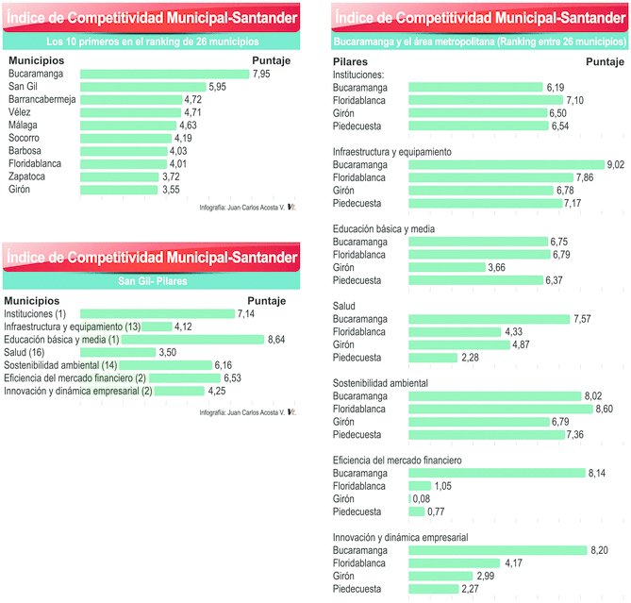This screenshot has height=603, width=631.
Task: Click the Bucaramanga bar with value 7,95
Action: tap(164, 74)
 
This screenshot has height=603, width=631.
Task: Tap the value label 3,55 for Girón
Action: tap(170, 190)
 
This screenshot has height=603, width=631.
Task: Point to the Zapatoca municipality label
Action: tap(28, 176)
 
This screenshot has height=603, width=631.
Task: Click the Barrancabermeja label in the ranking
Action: tap(42, 99)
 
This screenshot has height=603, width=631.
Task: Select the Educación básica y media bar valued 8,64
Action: tap(192, 340)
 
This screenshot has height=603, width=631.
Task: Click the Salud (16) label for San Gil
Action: tap(25, 352)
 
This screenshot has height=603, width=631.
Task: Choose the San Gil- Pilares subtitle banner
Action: tap(151, 281)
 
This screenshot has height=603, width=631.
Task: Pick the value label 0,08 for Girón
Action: tap(423, 498)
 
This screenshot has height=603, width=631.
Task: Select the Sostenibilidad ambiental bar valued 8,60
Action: tap(500, 410)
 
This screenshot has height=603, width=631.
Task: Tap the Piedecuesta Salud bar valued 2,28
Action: tap(432, 358)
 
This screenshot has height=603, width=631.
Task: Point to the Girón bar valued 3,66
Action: tap(446, 267)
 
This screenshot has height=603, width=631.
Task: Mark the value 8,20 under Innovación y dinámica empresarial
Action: tap(600, 550)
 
